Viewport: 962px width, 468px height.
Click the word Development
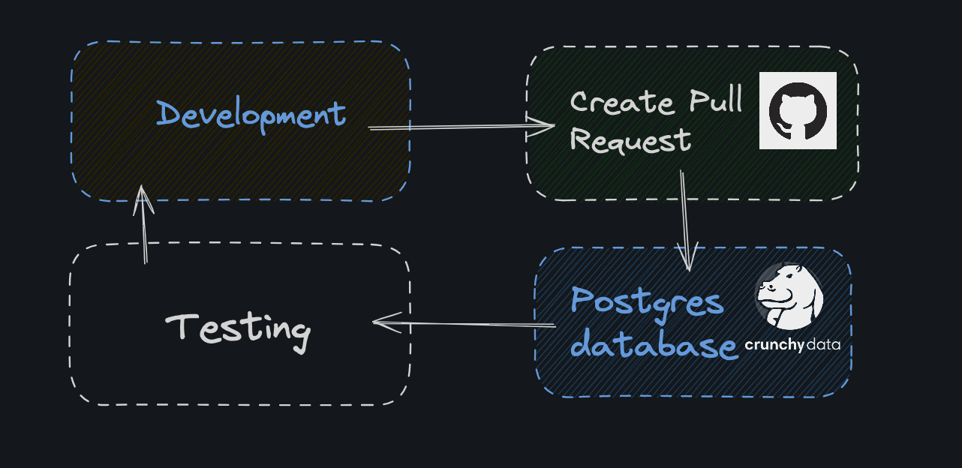tap(251, 115)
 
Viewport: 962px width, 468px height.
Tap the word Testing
tap(237, 328)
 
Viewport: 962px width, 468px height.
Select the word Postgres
tap(647, 302)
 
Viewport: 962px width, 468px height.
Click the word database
tap(653, 346)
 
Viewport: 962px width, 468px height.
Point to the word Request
tap(630, 140)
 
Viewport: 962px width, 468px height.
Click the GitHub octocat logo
tap(798, 110)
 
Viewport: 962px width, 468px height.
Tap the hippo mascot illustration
tap(789, 297)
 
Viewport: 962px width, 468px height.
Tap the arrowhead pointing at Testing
tap(380, 323)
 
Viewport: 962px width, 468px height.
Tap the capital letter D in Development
tap(169, 113)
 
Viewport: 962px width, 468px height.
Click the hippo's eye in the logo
tap(784, 275)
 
